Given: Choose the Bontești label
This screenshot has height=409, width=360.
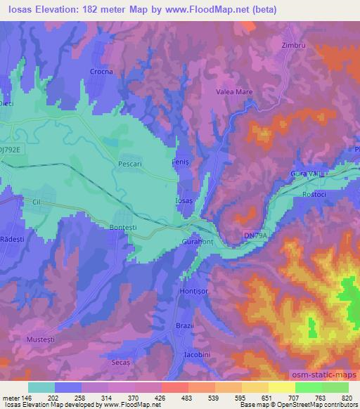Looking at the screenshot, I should pos(125,228).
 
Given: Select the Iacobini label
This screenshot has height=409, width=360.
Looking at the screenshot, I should pos(195,353).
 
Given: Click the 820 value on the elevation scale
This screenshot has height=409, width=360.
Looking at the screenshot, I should pos(347,398).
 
